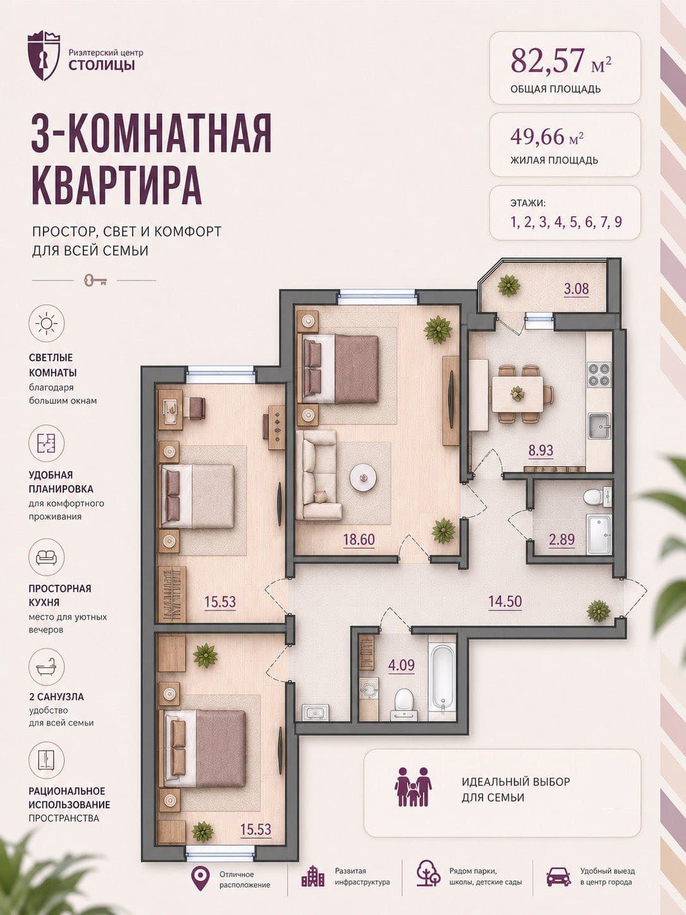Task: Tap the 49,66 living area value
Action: click(538, 136)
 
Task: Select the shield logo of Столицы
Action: click(44, 56)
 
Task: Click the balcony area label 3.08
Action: click(577, 289)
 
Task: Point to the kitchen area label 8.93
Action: click(541, 450)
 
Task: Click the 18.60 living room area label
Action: click(359, 540)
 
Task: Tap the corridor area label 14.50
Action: click(505, 602)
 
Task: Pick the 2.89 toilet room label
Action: click(562, 540)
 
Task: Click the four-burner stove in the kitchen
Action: click(599, 375)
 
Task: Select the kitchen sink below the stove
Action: click(599, 426)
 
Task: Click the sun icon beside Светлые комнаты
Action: click(46, 324)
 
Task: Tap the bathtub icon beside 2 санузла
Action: click(46, 667)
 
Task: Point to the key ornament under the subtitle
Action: click(95, 280)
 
